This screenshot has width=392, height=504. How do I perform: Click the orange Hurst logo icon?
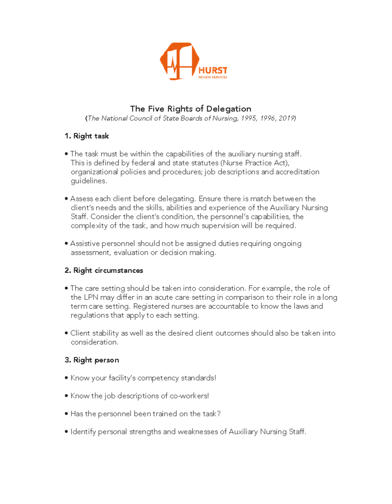pos(179,61)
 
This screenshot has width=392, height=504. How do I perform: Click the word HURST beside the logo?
pos(213,70)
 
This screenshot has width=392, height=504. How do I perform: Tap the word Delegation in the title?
pos(229,109)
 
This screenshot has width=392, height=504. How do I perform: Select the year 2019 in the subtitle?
pos(286,118)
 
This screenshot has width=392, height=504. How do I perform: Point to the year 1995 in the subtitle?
pos(249,118)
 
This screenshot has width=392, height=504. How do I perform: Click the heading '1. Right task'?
pos(87,136)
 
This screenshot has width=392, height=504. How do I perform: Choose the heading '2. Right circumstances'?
pos(104,270)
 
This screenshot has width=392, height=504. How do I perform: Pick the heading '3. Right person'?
pos(92,360)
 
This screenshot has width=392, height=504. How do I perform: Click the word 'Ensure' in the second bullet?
pos(210,199)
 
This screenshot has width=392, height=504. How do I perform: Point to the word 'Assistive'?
pos(85,244)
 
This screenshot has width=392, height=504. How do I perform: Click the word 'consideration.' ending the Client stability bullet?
pos(94,342)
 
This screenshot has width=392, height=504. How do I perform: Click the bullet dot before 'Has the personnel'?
pos(66,414)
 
